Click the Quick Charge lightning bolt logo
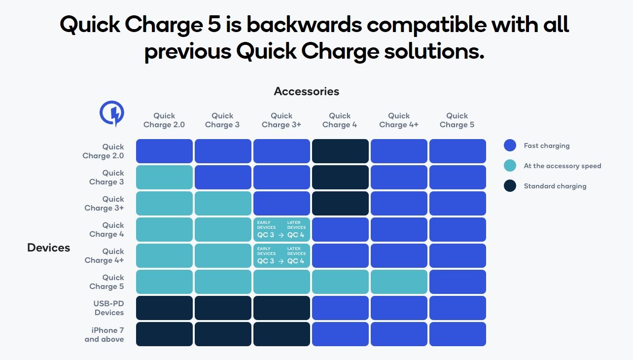[x=112, y=113]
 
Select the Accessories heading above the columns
[x=306, y=91]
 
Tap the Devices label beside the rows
[x=49, y=248]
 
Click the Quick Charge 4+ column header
[x=399, y=120]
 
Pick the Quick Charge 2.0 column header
[x=164, y=120]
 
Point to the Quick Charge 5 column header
[x=457, y=120]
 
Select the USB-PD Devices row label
[x=109, y=308]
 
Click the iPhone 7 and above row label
[x=105, y=334]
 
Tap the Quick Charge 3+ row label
[x=105, y=204]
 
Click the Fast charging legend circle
[x=510, y=145]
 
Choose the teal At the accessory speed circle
[x=510, y=166]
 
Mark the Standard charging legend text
[x=555, y=186]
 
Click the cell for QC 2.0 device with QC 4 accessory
[x=340, y=151]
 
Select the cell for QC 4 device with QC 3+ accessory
[x=281, y=229]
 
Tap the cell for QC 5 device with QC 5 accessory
[x=457, y=282]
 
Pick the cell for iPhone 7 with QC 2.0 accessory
[x=164, y=334]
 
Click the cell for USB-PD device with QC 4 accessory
[x=340, y=308]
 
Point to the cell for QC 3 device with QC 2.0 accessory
[x=164, y=177]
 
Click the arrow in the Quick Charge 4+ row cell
[x=281, y=261]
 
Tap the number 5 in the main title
[x=214, y=24]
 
